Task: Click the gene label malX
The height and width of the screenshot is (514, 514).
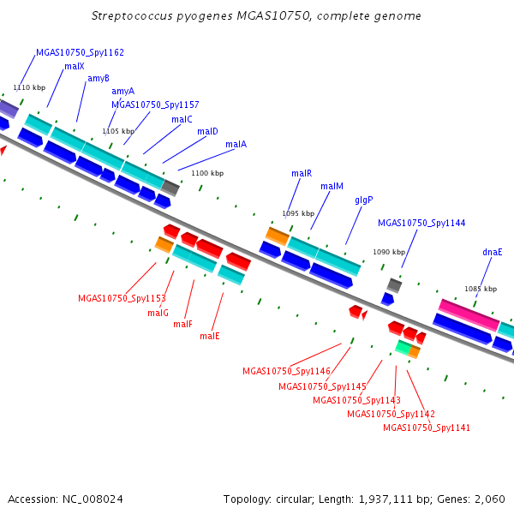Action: [x=75, y=67]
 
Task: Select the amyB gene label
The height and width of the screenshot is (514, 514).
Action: [x=99, y=79]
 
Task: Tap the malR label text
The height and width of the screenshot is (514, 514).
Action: [x=302, y=173]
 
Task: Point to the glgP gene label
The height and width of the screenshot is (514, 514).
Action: [x=364, y=200]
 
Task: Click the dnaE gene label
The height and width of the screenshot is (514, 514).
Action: [x=493, y=252]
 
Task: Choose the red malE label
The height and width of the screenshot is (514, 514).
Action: [x=210, y=336]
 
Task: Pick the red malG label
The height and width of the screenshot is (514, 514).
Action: [x=158, y=313]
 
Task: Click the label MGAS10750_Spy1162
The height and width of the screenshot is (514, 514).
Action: [x=80, y=53]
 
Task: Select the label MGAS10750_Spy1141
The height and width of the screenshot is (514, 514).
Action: [x=427, y=427]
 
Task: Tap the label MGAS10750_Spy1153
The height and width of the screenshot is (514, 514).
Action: [x=122, y=299]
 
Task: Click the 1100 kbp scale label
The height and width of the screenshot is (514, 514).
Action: [x=207, y=173]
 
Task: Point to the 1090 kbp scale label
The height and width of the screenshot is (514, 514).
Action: [x=389, y=252]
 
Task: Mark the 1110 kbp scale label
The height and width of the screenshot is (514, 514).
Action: [x=29, y=87]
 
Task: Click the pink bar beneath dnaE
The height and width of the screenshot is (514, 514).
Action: [x=469, y=315]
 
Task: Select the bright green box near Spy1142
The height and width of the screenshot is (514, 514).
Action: [x=403, y=347]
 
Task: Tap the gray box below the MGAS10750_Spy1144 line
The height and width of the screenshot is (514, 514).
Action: [x=394, y=285]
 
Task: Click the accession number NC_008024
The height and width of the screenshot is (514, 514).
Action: [x=93, y=499]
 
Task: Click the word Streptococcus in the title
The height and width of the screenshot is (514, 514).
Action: [x=132, y=16]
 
